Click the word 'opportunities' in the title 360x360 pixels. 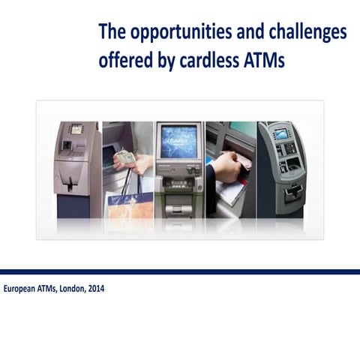[169, 34]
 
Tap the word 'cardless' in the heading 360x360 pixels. [212, 61]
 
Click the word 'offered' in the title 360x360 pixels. [124, 61]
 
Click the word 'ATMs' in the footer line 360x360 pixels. [47, 289]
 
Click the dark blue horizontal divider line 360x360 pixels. [180, 271]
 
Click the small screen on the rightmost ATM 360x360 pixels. [281, 134]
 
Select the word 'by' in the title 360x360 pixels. [163, 61]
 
